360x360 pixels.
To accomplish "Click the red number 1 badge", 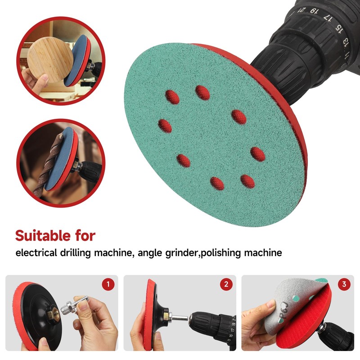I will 108,284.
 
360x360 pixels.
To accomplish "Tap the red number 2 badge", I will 225,284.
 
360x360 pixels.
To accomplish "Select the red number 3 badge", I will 344,284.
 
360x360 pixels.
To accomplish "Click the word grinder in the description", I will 180,253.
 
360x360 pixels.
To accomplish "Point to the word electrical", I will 36,253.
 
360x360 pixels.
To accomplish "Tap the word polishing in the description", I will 222,253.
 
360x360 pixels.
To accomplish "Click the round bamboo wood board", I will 50,61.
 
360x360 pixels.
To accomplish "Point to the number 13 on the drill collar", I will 346,43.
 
